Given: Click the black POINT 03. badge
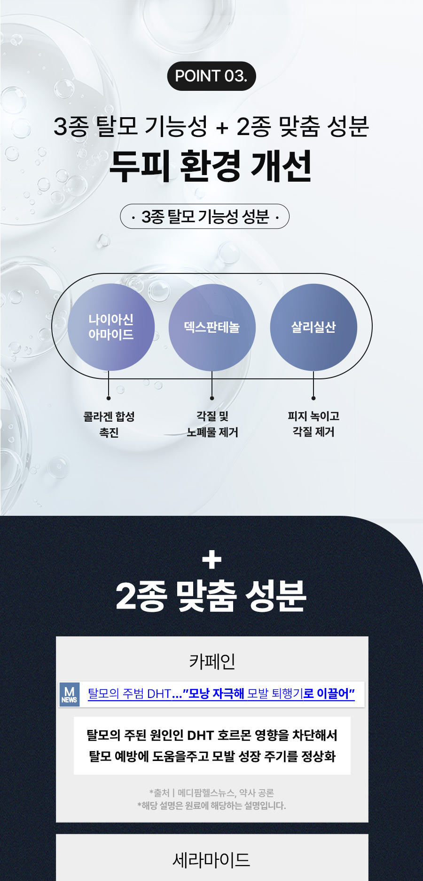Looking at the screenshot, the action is click(x=211, y=76).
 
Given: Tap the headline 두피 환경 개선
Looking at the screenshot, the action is click(x=211, y=166).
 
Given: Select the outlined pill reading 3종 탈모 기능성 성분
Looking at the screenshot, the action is click(x=205, y=216).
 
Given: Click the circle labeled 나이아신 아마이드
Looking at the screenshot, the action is click(x=111, y=327).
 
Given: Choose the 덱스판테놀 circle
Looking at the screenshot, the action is click(x=212, y=327).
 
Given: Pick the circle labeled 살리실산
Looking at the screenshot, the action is click(x=313, y=327).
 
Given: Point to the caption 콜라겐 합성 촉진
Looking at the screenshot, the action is click(x=109, y=424).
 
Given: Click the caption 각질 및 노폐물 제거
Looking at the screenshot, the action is click(x=212, y=424).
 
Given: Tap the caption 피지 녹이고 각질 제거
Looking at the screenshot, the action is click(x=313, y=424).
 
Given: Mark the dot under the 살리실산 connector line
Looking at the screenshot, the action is click(x=313, y=398).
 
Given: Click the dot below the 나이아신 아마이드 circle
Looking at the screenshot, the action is click(x=109, y=398).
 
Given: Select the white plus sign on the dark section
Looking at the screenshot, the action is click(x=211, y=560).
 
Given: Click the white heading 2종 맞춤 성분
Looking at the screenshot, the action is click(x=211, y=596).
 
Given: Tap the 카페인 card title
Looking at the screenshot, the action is click(x=212, y=661).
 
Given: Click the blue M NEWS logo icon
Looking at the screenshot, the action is click(x=70, y=695).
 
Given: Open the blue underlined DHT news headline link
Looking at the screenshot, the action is click(x=221, y=694).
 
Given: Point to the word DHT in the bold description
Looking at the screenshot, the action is click(x=201, y=735).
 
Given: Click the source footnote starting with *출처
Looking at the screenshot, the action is click(x=211, y=793).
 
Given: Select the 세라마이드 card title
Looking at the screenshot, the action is click(x=211, y=860).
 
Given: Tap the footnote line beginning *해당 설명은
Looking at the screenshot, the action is click(x=211, y=806).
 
